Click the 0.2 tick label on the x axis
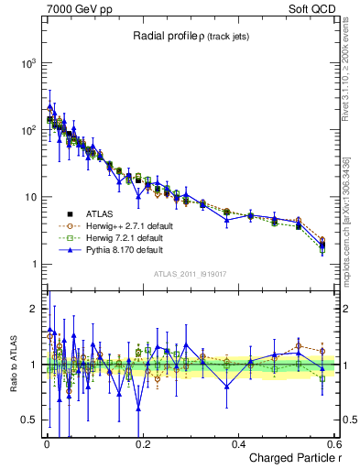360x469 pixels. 142,443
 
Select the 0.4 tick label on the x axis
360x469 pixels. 238,443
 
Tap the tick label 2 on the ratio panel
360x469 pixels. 34,309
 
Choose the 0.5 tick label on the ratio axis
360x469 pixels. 30,420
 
